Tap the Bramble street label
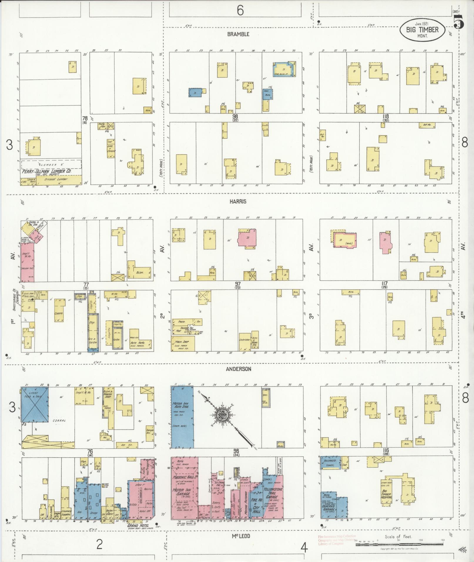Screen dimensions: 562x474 (238, 34)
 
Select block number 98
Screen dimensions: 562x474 (235, 117)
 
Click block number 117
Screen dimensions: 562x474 (384, 284)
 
